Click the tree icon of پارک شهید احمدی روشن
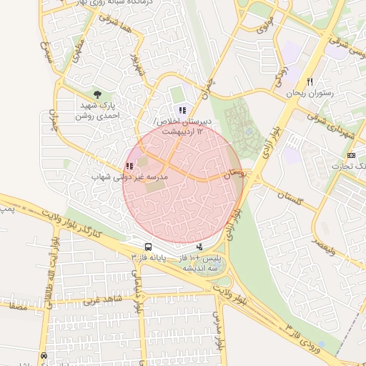[x=97, y=94]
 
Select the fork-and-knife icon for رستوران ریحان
[x=310, y=81]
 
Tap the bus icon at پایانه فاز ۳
[x=147, y=247]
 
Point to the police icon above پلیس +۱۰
[x=199, y=247]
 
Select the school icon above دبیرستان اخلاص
[x=182, y=111]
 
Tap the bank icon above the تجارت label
[x=351, y=155]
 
